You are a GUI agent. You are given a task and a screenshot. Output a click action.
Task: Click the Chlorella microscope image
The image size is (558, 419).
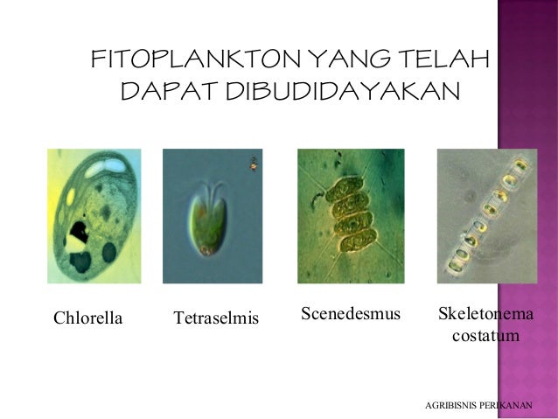[x=94, y=216]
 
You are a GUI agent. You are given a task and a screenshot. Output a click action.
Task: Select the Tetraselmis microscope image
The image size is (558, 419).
[x=212, y=216]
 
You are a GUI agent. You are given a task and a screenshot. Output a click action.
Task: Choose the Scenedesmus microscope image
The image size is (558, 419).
[x=351, y=216]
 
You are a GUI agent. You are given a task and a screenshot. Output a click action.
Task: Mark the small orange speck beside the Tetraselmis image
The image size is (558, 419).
[x=253, y=162]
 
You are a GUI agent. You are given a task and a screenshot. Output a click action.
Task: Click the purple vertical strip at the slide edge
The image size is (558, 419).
[x=527, y=210]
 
